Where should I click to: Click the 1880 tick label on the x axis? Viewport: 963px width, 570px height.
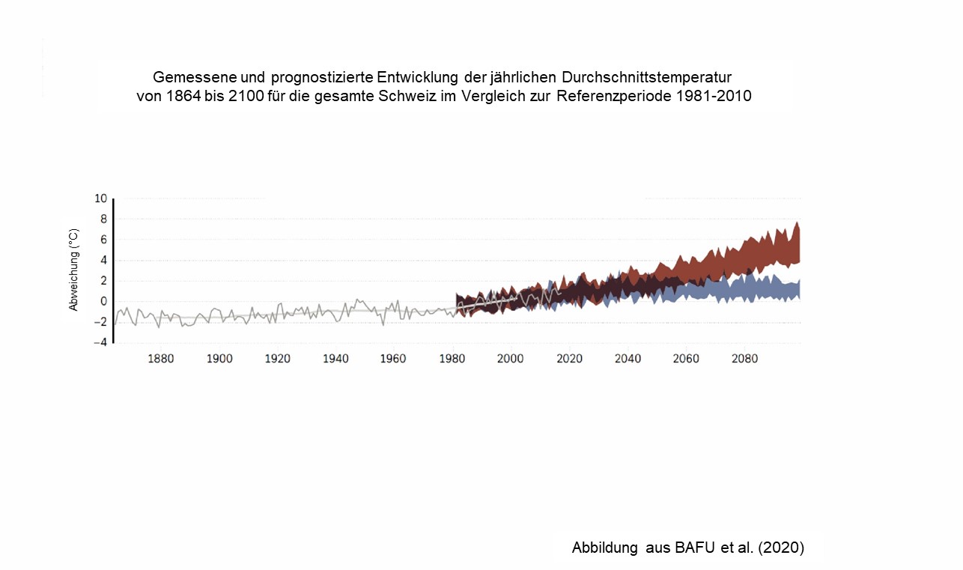click(x=161, y=359)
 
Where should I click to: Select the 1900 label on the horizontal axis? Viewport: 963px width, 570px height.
click(x=219, y=359)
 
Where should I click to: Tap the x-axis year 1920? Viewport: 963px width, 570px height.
click(x=278, y=359)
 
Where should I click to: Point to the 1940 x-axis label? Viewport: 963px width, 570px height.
click(x=335, y=359)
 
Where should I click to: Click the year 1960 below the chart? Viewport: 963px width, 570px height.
click(x=393, y=359)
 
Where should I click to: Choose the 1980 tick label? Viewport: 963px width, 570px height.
click(x=452, y=359)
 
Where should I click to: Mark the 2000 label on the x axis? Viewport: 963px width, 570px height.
click(x=510, y=359)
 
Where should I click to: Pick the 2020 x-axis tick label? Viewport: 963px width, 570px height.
click(x=569, y=359)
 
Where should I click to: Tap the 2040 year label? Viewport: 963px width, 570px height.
click(x=628, y=359)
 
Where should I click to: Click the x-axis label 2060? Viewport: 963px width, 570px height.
click(x=686, y=359)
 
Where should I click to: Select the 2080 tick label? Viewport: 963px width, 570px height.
click(x=744, y=359)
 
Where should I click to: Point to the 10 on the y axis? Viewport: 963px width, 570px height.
click(x=100, y=198)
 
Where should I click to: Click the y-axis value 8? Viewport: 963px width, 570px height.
click(x=103, y=219)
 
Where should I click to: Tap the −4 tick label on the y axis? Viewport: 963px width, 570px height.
click(x=100, y=343)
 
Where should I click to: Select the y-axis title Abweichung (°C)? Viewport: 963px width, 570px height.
click(x=73, y=270)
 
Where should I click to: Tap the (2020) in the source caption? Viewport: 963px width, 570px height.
click(x=782, y=548)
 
